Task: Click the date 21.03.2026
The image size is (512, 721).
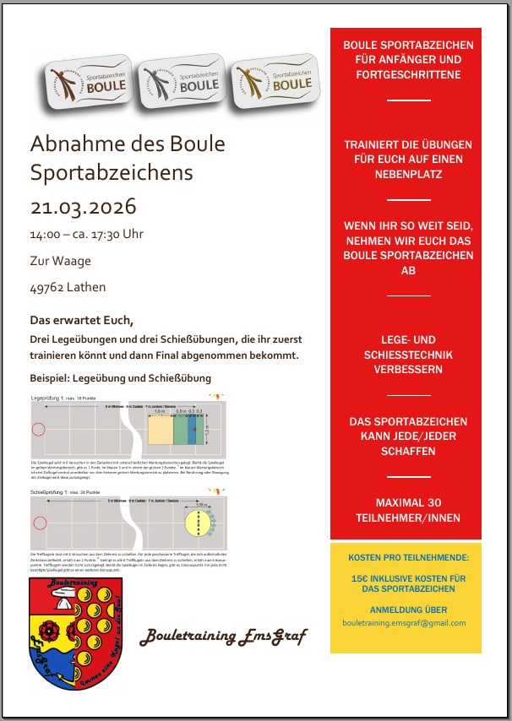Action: pos(83,208)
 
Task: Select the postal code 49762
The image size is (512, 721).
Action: pos(48,287)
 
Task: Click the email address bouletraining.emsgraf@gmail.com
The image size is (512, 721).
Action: pos(405,623)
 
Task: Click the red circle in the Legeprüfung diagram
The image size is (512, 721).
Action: pos(38,429)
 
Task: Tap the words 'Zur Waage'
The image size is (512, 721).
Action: pos(60,261)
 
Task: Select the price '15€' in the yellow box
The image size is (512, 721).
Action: pos(361,578)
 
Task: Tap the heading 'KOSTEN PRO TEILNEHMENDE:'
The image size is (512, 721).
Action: pos(405,558)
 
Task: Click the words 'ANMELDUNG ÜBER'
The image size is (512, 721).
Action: pos(405,610)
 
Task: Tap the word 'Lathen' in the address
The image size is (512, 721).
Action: pos(88,287)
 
